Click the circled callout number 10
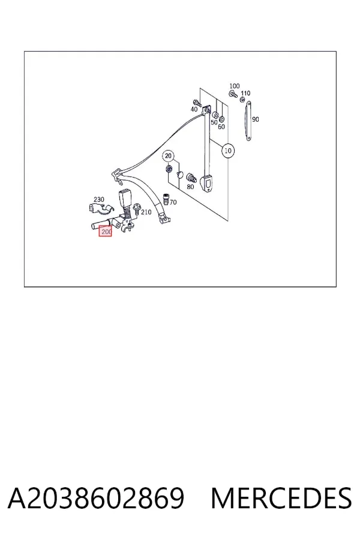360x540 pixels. [228, 151]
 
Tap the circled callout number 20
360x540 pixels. [168, 156]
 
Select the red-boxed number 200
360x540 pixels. [106, 232]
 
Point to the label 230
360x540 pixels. [99, 199]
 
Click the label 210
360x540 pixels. [146, 212]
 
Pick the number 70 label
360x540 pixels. [173, 202]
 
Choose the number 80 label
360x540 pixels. [191, 187]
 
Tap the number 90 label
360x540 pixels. [255, 119]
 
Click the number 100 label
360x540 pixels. [234, 86]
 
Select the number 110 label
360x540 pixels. [245, 94]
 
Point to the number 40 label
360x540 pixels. [194, 109]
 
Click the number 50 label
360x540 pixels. [214, 122]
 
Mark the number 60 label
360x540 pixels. [221, 127]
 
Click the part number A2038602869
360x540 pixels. [96, 498]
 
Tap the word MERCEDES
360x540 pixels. [281, 498]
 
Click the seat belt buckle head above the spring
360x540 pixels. [124, 199]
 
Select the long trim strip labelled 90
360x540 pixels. [248, 121]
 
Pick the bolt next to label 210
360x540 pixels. [136, 209]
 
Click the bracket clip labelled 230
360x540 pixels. [101, 209]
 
